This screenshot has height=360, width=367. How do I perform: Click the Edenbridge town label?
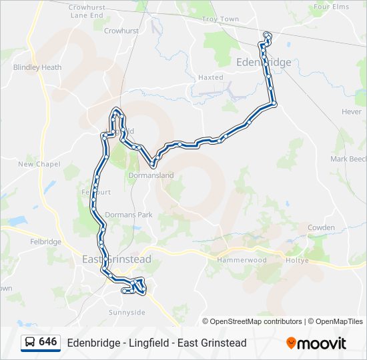264,62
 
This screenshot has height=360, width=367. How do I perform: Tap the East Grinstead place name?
116,259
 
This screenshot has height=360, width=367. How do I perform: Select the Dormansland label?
151,175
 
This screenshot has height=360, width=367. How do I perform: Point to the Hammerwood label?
246,260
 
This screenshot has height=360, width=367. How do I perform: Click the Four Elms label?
331,7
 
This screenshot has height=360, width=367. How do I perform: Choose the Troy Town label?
220,19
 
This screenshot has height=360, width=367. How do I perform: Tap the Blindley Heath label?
37,67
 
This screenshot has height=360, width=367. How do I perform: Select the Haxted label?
211,77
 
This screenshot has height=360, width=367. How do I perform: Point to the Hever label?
351,112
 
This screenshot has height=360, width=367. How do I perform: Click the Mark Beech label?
348,159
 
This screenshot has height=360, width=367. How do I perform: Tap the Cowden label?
321,227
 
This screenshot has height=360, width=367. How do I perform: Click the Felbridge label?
45,241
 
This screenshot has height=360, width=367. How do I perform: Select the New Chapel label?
39,164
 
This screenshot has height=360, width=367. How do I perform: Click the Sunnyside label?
127,312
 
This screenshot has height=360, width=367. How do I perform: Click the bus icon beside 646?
31,342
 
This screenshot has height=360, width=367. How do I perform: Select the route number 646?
48,342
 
